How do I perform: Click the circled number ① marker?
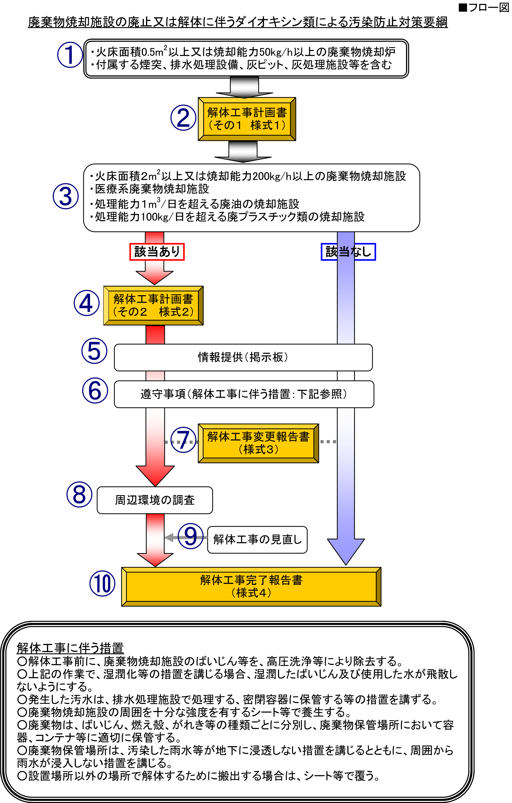tap(70, 55)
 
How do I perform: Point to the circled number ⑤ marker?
tap(95, 351)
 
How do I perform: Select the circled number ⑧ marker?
tap(79, 495)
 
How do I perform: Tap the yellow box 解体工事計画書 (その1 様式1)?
tap(247, 119)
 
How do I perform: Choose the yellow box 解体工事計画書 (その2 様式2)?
tap(153, 305)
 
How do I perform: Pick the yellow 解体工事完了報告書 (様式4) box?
tap(251, 587)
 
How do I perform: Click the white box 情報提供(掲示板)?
tap(243, 357)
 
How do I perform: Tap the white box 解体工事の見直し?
tap(257, 540)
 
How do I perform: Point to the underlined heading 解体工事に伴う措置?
tap(70, 648)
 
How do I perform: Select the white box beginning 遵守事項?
tap(244, 394)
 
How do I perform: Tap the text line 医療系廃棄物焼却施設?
tap(152, 189)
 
